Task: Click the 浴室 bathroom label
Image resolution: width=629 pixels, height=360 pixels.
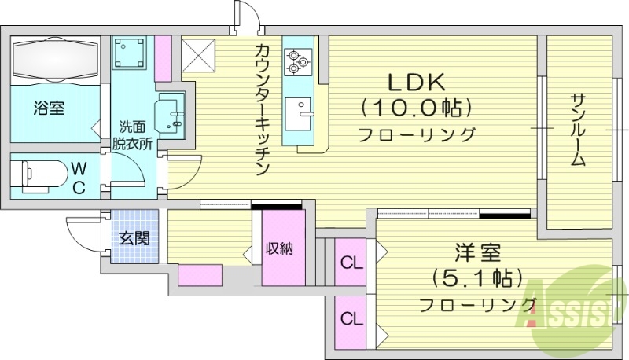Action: (x=49, y=108)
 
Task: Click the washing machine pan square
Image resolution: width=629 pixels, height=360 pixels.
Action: (x=130, y=53)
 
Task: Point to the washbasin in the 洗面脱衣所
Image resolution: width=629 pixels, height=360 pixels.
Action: (x=172, y=116)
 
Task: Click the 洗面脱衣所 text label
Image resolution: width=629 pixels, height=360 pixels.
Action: (x=132, y=134)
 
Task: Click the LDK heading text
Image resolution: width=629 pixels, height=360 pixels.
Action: (x=416, y=82)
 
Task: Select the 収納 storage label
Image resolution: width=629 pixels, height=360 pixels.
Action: (x=279, y=249)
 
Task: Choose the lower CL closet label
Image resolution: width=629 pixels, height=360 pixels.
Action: (x=351, y=320)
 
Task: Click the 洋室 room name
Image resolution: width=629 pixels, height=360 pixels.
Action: (x=476, y=253)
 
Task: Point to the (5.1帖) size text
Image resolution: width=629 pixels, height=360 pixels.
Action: (x=476, y=278)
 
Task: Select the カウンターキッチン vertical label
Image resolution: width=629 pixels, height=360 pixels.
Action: (x=263, y=110)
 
